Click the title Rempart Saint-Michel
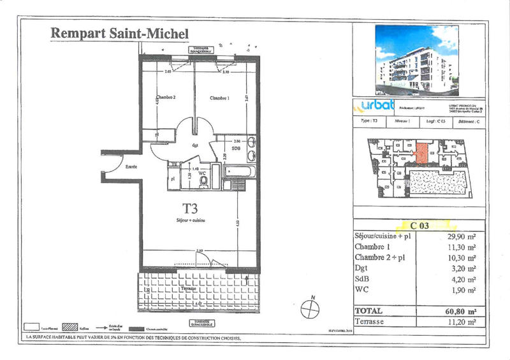click(x=119, y=32)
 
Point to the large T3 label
click(x=191, y=208)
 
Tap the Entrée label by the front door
click(x=131, y=166)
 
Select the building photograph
click(x=417, y=57)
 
